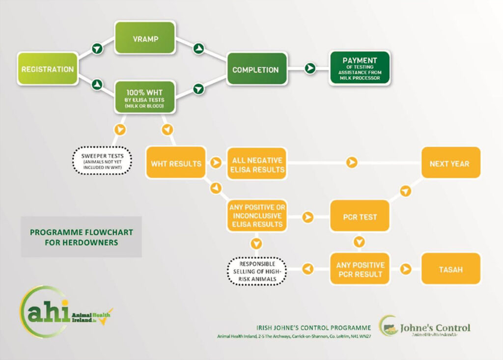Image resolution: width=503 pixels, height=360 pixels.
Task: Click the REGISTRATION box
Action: [x=48, y=69]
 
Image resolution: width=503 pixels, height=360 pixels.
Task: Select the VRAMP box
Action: [x=145, y=37]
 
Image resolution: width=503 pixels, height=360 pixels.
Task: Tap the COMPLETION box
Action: [x=255, y=70]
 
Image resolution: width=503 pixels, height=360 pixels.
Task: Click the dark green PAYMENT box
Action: [x=360, y=68]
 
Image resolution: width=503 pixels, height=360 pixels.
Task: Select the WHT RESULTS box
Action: [x=176, y=163]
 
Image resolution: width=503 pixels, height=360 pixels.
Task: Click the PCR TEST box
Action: [x=361, y=217]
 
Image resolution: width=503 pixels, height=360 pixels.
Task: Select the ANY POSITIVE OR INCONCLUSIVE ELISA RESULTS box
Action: [x=256, y=216]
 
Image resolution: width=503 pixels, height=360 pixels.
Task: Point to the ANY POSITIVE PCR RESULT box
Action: [x=361, y=269]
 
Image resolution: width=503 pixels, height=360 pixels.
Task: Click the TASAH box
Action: [x=450, y=269]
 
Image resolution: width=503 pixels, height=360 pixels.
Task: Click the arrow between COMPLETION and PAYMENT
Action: [x=310, y=68]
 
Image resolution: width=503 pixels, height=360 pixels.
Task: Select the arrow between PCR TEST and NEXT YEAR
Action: [x=405, y=191]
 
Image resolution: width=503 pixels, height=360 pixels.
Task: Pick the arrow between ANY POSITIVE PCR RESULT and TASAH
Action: [x=406, y=269]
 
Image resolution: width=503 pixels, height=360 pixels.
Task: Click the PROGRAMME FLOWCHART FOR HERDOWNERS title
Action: [x=82, y=237]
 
